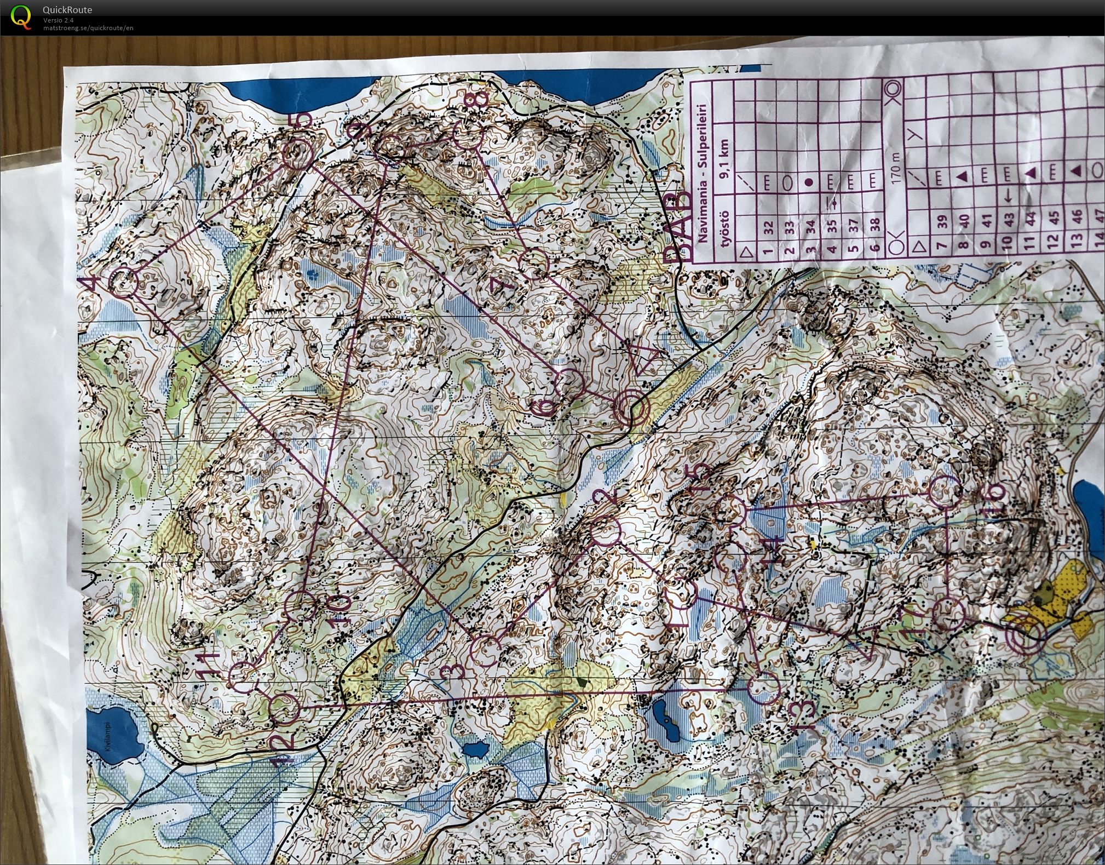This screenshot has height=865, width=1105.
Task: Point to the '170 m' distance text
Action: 896,167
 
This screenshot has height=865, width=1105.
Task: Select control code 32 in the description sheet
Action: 768,227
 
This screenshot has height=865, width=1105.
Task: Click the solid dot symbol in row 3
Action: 809,182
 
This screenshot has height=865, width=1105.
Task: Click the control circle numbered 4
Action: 124,283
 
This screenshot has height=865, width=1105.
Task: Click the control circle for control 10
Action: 301,605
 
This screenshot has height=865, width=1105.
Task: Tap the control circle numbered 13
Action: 763,689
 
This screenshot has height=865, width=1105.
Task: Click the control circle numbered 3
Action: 486,651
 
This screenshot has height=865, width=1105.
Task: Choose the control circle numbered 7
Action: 533,263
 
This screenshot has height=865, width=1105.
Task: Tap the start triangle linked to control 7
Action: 647,358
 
